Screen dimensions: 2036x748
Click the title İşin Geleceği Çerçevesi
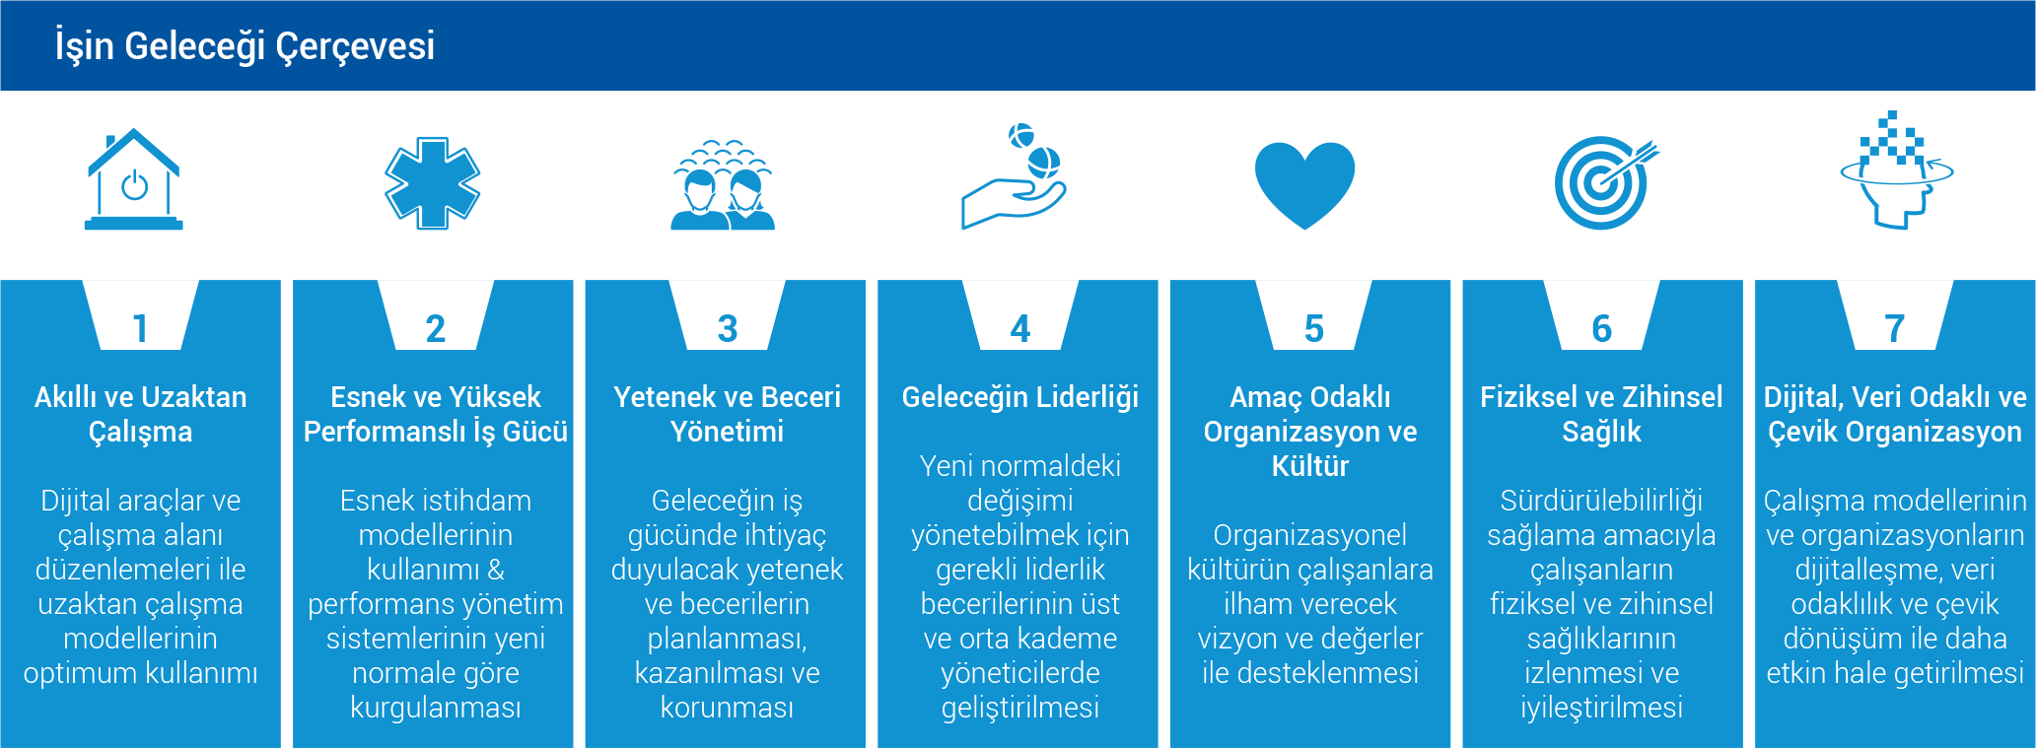tap(245, 46)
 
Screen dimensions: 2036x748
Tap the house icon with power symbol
tap(134, 179)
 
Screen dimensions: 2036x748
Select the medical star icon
tap(432, 183)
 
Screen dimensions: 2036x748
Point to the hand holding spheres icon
tap(1014, 177)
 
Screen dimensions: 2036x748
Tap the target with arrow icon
tap(1605, 183)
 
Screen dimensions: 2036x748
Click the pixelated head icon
tap(1896, 170)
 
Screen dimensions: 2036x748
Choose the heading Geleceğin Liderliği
tap(1020, 397)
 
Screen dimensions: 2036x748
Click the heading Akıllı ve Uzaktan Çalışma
tap(141, 414)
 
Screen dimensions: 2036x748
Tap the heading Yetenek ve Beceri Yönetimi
tap(728, 414)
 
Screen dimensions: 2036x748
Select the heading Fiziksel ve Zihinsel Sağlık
tap(1602, 414)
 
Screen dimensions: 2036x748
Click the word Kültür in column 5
tap(1310, 465)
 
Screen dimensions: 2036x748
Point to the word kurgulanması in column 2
tap(436, 708)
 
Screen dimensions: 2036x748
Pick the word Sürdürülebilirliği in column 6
tap(1602, 501)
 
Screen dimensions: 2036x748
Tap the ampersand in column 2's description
tap(496, 570)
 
